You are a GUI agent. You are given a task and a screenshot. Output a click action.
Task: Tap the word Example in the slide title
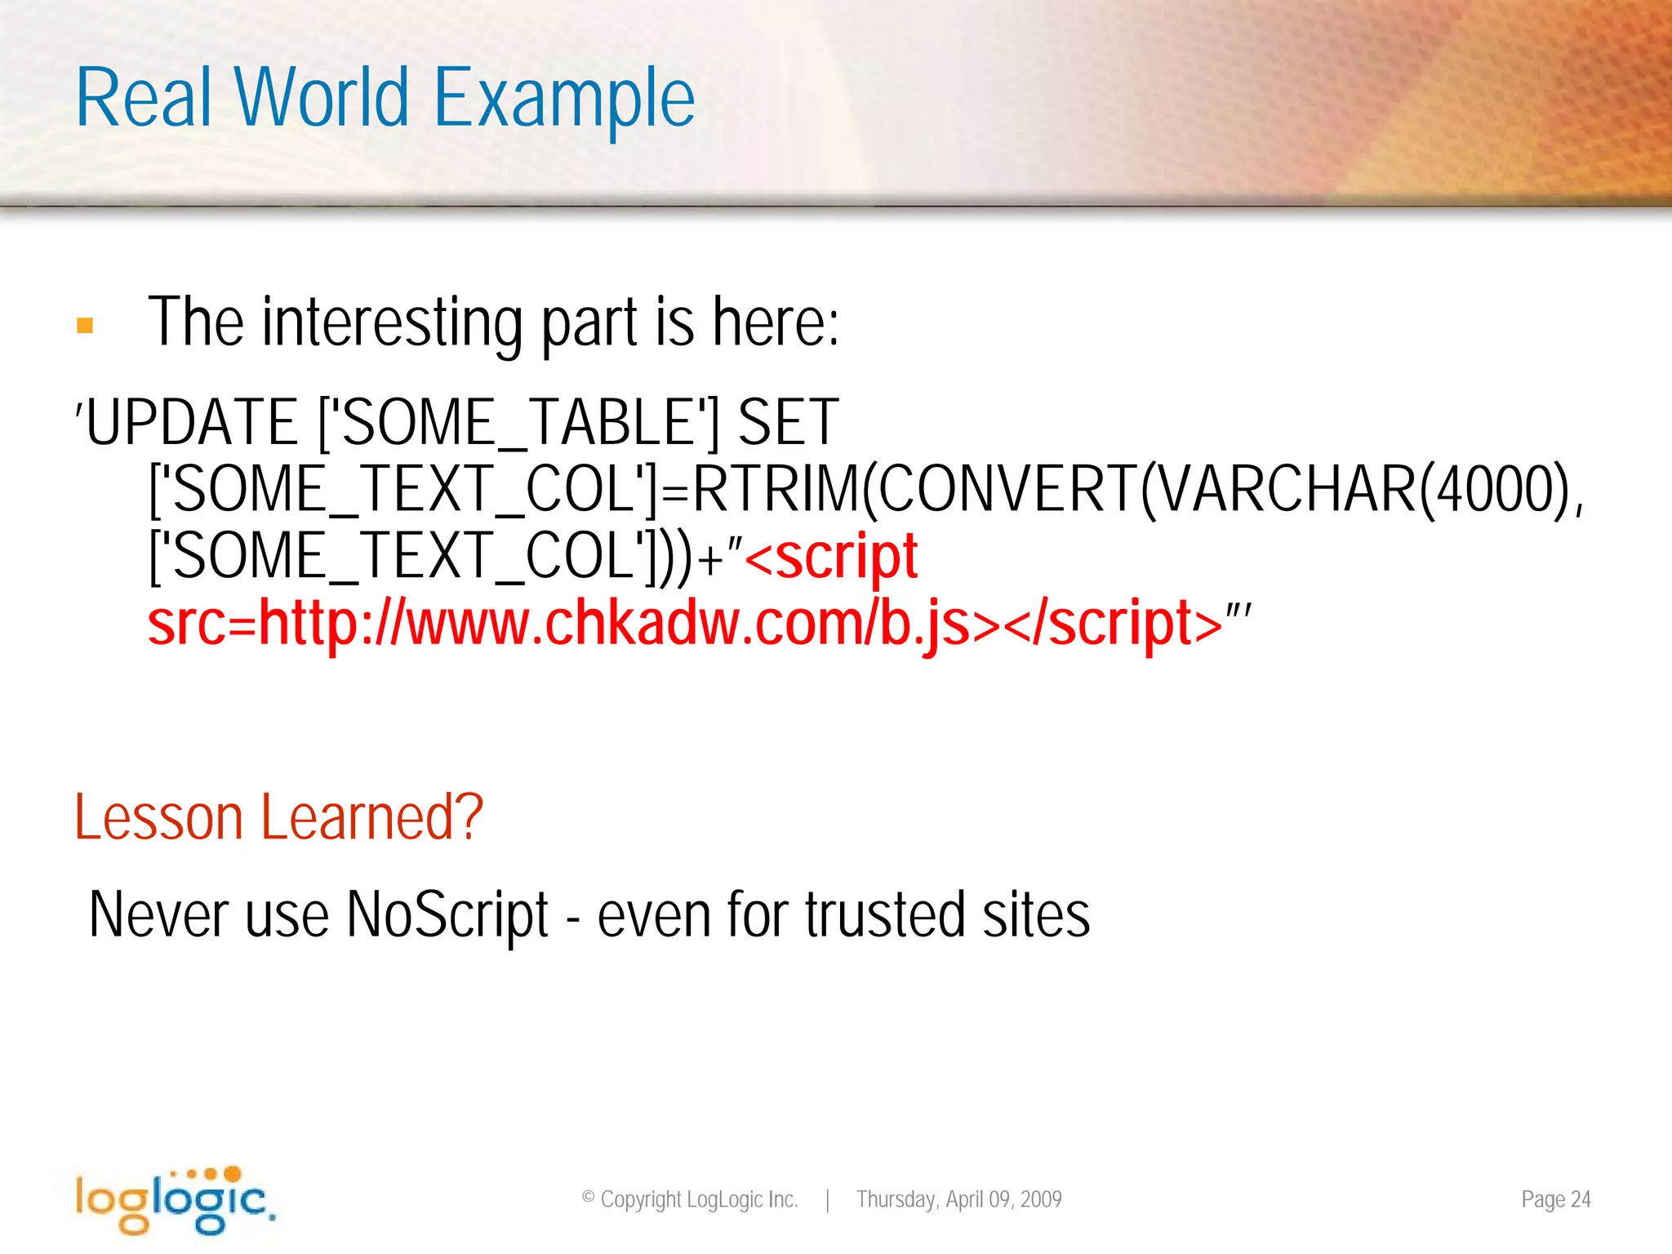tap(564, 100)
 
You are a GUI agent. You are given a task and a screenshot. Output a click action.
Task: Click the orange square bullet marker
tap(85, 326)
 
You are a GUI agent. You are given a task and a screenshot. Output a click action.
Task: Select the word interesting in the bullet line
tap(392, 323)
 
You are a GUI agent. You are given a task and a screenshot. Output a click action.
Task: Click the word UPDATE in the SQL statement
tap(192, 422)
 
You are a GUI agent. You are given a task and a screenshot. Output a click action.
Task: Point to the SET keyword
tap(788, 422)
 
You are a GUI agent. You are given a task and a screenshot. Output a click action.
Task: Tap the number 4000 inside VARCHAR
tap(1494, 489)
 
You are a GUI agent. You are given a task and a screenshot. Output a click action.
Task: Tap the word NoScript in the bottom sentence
tap(447, 914)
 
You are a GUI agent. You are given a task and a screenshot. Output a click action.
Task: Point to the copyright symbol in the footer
tap(588, 1198)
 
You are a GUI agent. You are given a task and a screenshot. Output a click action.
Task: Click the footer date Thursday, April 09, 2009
tap(958, 1199)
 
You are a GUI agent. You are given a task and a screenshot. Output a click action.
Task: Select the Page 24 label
tap(1555, 1199)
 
